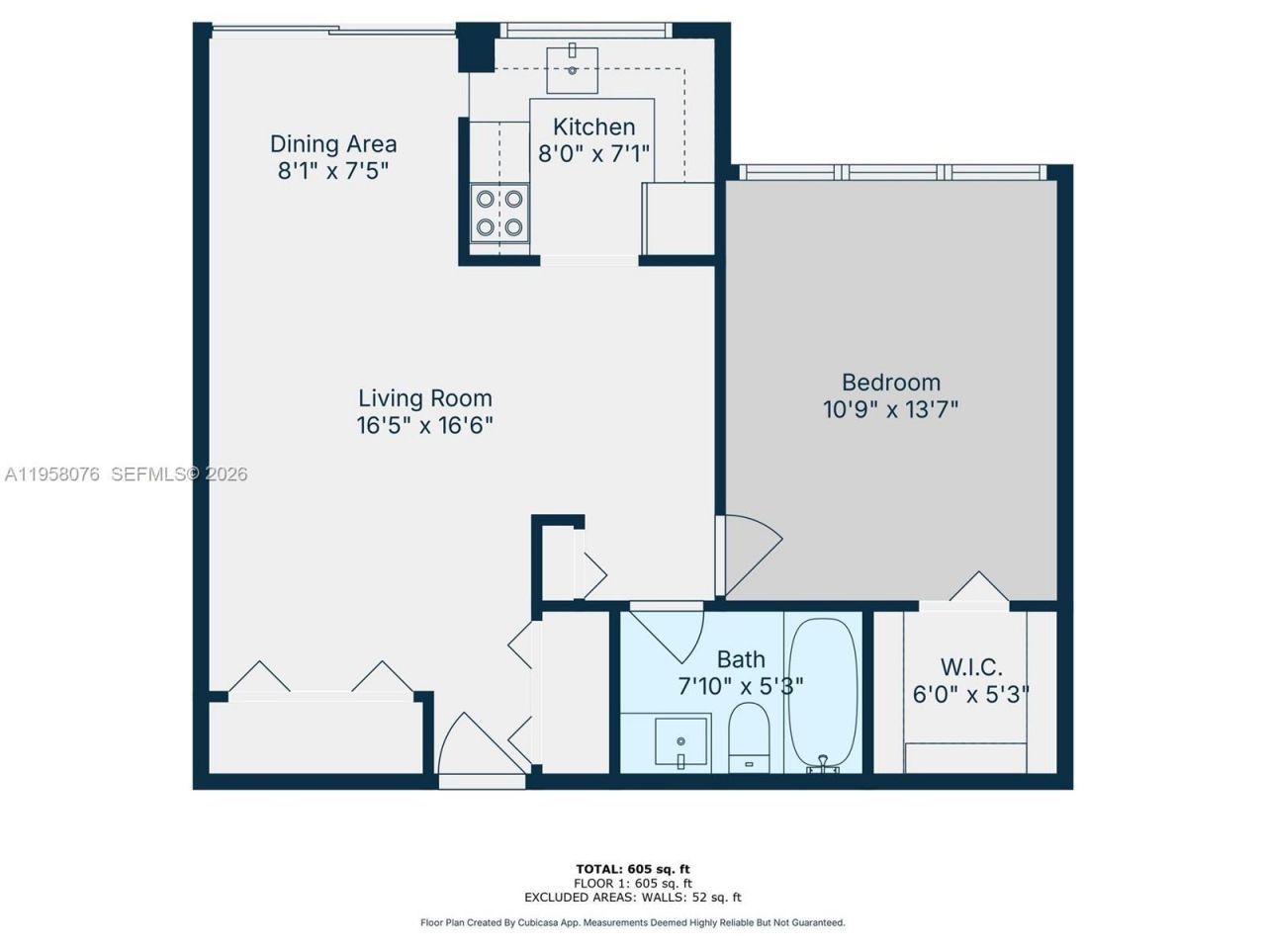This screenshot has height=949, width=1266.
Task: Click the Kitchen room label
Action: click(593, 127)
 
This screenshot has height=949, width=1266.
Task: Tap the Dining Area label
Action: click(333, 144)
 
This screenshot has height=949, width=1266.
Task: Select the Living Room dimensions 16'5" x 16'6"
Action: click(425, 426)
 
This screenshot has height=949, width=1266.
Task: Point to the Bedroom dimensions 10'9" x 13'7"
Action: click(890, 409)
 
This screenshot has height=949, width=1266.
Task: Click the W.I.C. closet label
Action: click(971, 667)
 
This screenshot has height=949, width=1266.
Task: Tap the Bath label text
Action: click(741, 659)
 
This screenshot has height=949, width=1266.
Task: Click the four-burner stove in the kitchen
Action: click(498, 213)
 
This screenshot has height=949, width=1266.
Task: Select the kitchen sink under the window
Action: click(573, 68)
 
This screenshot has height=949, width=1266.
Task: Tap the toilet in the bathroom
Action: click(748, 735)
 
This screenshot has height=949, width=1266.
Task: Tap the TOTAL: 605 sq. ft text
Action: click(633, 870)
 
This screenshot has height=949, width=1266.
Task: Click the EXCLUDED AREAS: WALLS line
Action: click(633, 898)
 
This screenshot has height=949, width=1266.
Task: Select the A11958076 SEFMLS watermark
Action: click(125, 474)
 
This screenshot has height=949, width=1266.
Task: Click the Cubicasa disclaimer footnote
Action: click(633, 922)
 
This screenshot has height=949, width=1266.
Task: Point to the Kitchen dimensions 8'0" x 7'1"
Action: click(593, 154)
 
